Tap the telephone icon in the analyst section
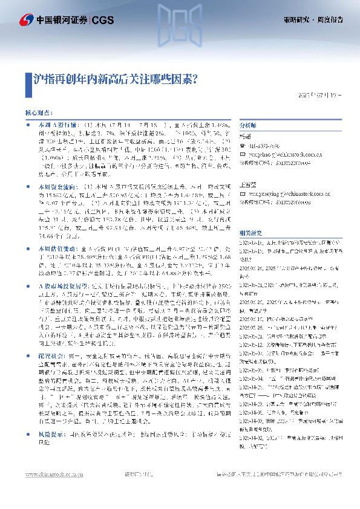243,146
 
